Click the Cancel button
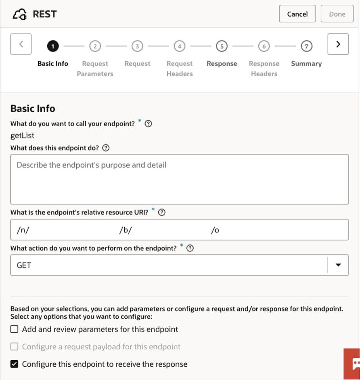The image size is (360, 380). (297, 14)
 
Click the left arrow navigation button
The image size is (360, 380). (21, 44)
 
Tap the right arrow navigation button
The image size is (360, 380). (338, 44)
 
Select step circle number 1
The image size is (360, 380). (52, 46)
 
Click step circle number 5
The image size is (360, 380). (222, 46)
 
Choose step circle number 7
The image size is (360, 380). (306, 46)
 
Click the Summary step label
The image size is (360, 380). (306, 64)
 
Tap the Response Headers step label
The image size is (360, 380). (264, 69)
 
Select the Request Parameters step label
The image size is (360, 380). (95, 69)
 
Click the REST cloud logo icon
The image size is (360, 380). (20, 15)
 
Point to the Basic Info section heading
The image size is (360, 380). (33, 109)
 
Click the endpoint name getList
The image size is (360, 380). (22, 136)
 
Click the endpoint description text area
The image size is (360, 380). (179, 179)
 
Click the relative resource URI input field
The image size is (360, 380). (179, 230)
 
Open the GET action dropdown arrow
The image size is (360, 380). (338, 265)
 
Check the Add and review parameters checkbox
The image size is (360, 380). (15, 329)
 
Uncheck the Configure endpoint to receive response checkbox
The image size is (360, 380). (15, 364)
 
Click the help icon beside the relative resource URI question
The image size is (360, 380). (162, 213)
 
